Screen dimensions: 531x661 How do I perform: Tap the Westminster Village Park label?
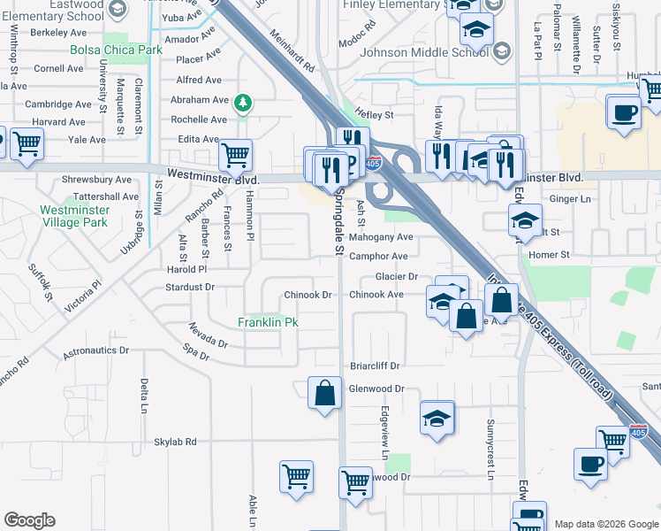pos(75,217)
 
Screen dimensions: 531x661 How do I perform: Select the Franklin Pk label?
pos(268,323)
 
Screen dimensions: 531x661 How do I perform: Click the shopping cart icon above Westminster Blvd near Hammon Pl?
pos(235,156)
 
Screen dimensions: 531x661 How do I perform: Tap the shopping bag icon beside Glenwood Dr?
pos(324,392)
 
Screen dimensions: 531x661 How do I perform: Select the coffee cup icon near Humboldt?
pos(624,113)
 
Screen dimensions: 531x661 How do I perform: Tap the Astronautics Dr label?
pos(96,351)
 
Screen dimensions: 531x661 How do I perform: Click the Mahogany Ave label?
pos(381,237)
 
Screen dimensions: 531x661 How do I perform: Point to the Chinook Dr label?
pos(308,295)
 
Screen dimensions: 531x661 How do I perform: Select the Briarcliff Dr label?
pos(376,366)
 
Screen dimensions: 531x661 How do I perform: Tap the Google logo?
pos(30,520)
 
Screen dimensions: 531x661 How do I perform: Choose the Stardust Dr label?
pos(190,288)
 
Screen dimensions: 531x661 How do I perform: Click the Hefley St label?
pos(374,115)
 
